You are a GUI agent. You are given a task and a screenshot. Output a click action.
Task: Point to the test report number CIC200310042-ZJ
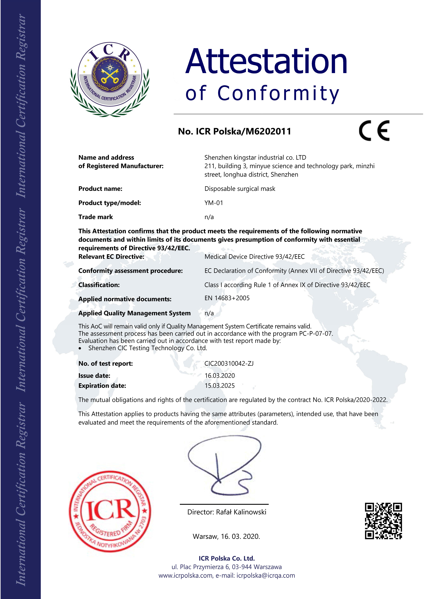pos(229,363)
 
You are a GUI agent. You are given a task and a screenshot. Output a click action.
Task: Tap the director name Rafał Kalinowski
pos(241,512)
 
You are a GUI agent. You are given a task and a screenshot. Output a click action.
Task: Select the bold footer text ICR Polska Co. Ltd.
pos(226,558)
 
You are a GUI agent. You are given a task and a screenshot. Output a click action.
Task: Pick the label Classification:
pos(99,285)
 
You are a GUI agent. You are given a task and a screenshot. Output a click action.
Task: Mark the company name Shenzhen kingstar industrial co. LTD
pos(255,158)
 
